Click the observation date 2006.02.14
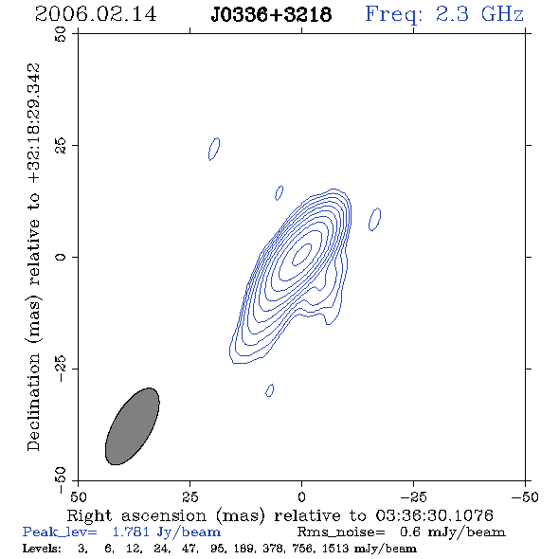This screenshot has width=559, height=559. click(x=96, y=14)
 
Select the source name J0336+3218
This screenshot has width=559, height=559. click(x=271, y=14)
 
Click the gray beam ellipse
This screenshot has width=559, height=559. click(x=133, y=426)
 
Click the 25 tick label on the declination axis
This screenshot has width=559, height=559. click(x=61, y=145)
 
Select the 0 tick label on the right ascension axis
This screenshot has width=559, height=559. click(x=301, y=497)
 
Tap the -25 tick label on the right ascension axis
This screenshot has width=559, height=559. click(x=413, y=497)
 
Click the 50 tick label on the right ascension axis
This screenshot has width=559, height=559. click(x=78, y=497)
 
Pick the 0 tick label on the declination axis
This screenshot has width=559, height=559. click(x=61, y=257)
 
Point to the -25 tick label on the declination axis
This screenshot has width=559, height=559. click(x=61, y=369)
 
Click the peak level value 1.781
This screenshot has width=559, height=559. click(x=131, y=532)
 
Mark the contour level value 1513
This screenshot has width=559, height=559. click(x=335, y=548)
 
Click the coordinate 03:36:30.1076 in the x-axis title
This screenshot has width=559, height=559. click(x=434, y=515)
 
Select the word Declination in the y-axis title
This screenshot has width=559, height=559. click(x=33, y=402)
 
